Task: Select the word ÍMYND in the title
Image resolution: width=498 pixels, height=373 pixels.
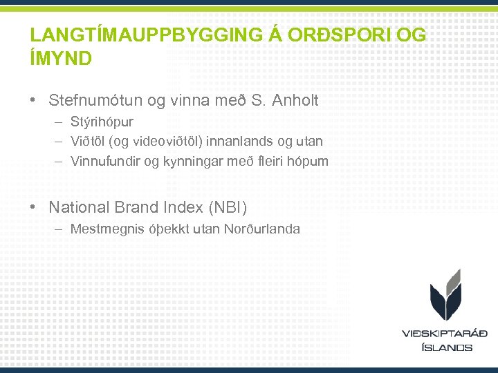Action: pos(61,59)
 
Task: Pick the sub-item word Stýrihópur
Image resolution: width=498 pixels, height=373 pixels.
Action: pos(102,122)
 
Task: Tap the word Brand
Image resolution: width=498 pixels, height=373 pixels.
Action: pos(138,207)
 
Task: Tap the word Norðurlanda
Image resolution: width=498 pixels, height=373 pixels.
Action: pos(262,229)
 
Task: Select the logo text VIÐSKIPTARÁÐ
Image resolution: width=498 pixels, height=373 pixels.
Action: pos(445,334)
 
